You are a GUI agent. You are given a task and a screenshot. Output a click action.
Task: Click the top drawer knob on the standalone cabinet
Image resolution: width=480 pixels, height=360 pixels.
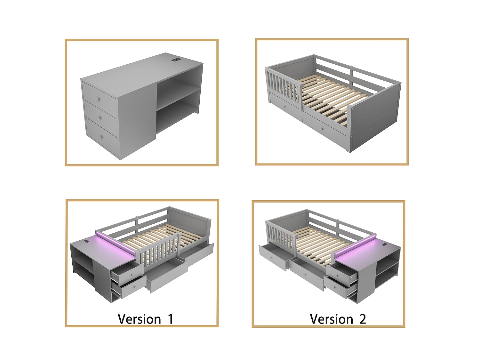[x=98, y=100]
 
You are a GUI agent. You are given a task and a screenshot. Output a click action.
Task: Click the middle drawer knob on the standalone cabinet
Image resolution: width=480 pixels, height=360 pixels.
[x=99, y=118]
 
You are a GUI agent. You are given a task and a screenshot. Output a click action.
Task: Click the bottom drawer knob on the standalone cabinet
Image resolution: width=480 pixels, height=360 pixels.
[x=100, y=137]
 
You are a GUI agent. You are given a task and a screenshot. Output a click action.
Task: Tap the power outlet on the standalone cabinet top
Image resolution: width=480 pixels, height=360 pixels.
[x=176, y=59]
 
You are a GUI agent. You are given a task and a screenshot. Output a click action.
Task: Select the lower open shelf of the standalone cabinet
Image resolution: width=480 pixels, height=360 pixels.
[x=178, y=116]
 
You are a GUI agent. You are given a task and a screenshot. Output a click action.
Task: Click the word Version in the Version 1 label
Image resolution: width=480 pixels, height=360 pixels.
[x=139, y=319]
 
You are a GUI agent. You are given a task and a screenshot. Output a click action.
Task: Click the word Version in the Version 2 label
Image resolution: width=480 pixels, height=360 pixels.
[x=331, y=319]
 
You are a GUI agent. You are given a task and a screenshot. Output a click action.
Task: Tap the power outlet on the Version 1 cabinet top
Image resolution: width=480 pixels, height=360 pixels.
[x=87, y=242]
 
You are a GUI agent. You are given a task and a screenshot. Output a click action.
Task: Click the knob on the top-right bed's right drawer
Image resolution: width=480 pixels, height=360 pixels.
[x=322, y=129]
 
